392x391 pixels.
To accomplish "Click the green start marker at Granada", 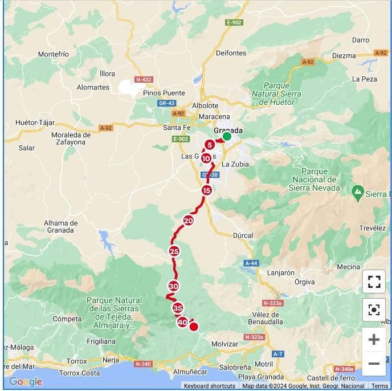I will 227,136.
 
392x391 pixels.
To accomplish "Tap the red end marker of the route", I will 194,327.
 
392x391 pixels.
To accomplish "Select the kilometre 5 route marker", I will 210,145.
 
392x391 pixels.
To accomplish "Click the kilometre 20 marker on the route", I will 189,221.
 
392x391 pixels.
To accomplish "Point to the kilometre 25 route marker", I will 174,251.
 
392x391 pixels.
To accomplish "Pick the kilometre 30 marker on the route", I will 174,286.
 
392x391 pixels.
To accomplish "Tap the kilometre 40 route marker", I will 182,322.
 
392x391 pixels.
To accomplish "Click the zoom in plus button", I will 374,340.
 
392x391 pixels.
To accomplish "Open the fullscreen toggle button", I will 374,281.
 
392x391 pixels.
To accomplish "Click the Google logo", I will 25,381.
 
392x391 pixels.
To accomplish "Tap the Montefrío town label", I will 53,54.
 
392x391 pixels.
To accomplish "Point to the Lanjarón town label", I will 280,272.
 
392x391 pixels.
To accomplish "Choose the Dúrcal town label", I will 243,235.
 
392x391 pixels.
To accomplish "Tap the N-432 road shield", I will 144,79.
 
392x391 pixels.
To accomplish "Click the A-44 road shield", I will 251,263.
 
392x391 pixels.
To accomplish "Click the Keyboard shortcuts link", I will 210,386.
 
